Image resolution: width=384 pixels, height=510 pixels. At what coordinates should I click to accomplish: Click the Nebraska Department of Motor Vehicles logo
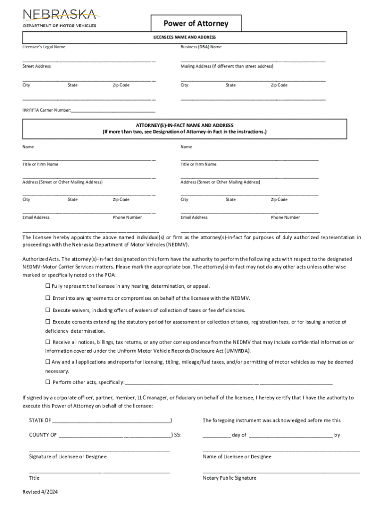[59, 17]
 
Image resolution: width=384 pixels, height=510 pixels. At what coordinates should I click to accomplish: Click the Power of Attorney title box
[196, 23]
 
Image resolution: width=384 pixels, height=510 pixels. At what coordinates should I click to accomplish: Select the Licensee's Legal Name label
[44, 47]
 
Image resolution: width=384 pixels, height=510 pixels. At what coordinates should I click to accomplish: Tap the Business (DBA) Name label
[201, 47]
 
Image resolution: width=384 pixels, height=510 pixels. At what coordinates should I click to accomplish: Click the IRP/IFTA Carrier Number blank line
[113, 110]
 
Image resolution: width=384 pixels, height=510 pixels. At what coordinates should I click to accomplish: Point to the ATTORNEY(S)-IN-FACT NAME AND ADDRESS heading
[185, 125]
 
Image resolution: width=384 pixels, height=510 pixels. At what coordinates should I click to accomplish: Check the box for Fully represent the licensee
[48, 286]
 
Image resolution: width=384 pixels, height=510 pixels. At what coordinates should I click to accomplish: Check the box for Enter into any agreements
[48, 298]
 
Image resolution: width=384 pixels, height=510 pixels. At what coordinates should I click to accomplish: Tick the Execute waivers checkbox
[48, 310]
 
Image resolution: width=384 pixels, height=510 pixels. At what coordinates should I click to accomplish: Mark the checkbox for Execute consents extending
[48, 322]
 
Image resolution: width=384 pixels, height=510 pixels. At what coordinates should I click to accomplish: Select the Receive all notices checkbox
[48, 342]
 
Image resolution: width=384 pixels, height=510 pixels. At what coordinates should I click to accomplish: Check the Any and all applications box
[48, 362]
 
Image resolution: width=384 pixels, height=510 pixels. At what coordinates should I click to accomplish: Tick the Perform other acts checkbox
[48, 382]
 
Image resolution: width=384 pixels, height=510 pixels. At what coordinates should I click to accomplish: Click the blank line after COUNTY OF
[115, 435]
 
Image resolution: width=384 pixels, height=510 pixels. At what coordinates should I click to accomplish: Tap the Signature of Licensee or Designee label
[68, 457]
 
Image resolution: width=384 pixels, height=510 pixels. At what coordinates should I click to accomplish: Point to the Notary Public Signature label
[229, 478]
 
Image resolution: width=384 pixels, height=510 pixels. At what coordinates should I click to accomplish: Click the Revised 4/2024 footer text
[40, 492]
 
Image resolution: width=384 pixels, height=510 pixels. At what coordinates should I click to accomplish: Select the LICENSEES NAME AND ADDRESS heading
[184, 37]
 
